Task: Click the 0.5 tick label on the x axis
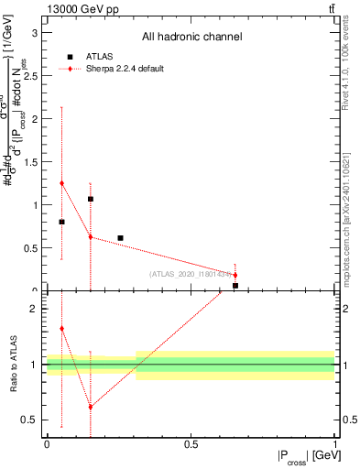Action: pyautogui.click(x=191, y=445)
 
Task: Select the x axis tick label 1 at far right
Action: pyautogui.click(x=335, y=445)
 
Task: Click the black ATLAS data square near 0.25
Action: pyautogui.click(x=120, y=238)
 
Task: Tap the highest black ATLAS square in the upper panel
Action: pyautogui.click(x=90, y=199)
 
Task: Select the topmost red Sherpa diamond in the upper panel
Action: pyautogui.click(x=61, y=183)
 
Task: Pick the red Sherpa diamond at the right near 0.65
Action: pyautogui.click(x=235, y=275)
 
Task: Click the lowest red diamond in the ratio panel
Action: pyautogui.click(x=90, y=407)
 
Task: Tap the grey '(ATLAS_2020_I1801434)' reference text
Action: pyautogui.click(x=191, y=274)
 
